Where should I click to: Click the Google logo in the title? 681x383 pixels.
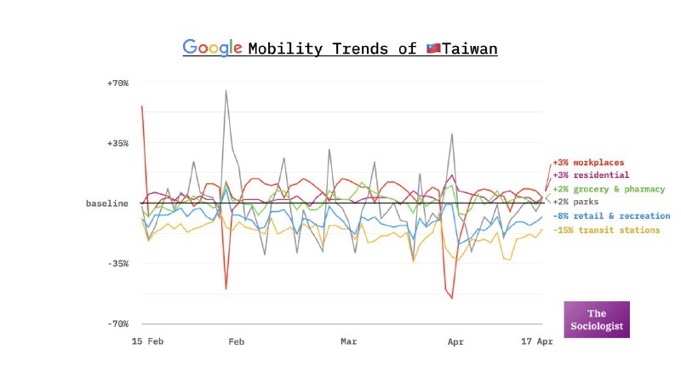click(213, 48)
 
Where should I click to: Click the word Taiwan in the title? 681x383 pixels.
click(469, 49)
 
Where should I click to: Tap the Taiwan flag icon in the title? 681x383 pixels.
click(433, 49)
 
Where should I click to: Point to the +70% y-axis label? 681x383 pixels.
click(117, 83)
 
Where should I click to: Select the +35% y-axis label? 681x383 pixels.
click(117, 143)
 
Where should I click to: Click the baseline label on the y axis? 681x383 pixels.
click(107, 203)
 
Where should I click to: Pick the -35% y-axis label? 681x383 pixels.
click(117, 264)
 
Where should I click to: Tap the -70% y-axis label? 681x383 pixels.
click(117, 324)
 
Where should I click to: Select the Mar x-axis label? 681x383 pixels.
click(349, 341)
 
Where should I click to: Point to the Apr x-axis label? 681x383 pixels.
click(455, 341)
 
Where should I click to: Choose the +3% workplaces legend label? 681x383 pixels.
click(588, 162)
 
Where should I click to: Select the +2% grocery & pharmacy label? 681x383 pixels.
click(607, 189)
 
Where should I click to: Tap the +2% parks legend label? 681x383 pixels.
click(575, 203)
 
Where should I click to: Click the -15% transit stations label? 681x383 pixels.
click(606, 230)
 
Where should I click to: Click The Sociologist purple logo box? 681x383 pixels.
click(597, 319)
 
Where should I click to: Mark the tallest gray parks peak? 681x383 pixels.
click(226, 90)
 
